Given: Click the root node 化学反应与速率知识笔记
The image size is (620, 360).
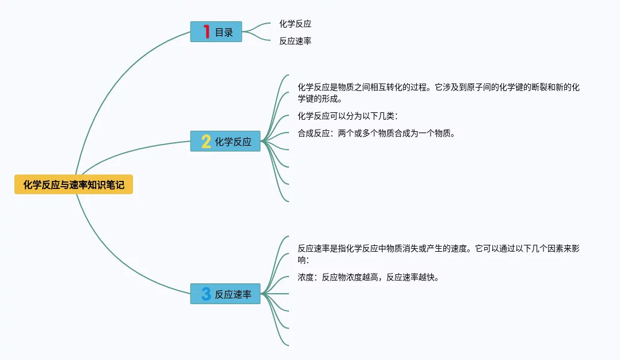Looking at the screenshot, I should [74, 184].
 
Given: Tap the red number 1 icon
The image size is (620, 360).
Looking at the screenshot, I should [207, 32].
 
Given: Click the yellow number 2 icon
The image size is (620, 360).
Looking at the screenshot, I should [206, 141].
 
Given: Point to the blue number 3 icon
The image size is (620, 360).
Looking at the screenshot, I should [206, 294].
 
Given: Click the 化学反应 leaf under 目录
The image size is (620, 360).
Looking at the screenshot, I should [295, 24].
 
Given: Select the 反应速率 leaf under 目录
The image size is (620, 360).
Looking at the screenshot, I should [295, 41].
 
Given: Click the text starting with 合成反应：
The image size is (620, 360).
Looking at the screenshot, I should [376, 134].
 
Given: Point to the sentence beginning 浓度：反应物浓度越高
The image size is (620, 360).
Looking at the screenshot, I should [369, 278].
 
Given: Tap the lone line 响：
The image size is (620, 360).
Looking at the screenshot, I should [304, 260].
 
